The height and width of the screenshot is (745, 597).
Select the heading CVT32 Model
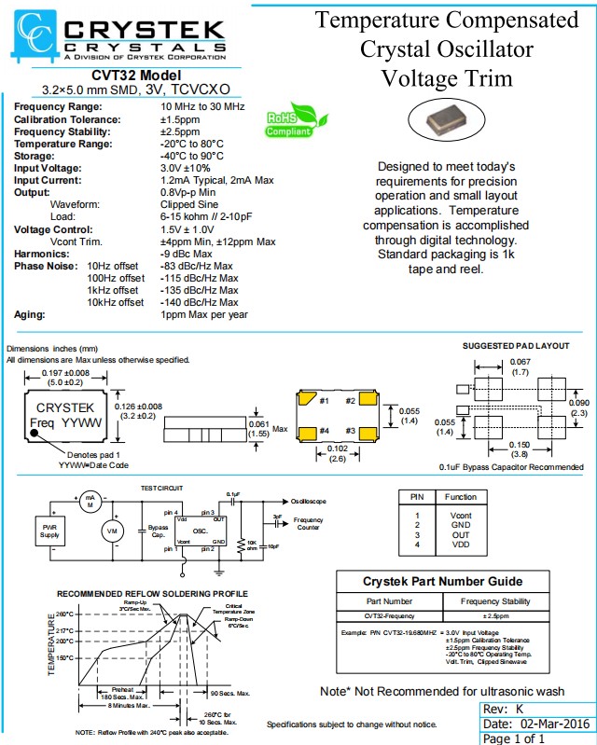[x=134, y=76]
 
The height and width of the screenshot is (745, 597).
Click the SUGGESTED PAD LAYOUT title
[x=516, y=345]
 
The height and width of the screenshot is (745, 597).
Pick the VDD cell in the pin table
[x=461, y=543]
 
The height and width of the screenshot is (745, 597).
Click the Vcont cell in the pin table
[x=461, y=515]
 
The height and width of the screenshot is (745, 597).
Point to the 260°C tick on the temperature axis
[x=63, y=614]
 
